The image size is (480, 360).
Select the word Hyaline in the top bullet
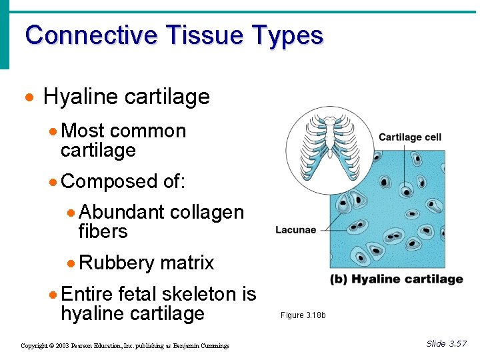tap(79, 97)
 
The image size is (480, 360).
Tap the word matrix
tap(187, 263)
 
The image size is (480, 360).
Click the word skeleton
tap(199, 294)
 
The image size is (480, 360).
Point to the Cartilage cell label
tap(410, 137)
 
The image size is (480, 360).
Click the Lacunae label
tap(296, 230)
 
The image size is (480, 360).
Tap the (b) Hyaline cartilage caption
tap(397, 279)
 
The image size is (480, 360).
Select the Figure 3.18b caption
tap(303, 315)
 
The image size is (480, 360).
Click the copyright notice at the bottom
tap(125, 345)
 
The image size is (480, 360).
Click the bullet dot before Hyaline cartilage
tap(28, 98)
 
